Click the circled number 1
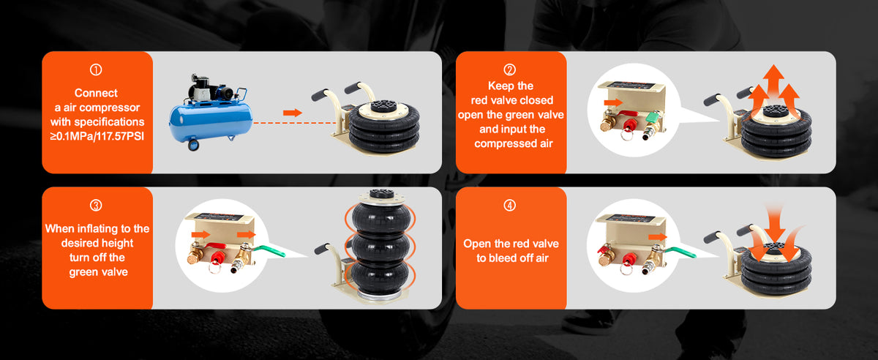coord(96,70)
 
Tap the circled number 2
coord(509,70)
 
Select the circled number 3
coord(96,206)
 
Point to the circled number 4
coord(509,206)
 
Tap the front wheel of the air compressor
coord(193,145)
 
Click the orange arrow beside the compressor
coord(293,113)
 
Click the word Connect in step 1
coord(96,93)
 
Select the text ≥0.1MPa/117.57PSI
coord(97,137)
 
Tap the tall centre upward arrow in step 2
coord(773,84)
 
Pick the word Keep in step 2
coord(497,86)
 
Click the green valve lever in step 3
coord(269,251)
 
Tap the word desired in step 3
coord(78,243)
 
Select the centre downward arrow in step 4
coord(775,223)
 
